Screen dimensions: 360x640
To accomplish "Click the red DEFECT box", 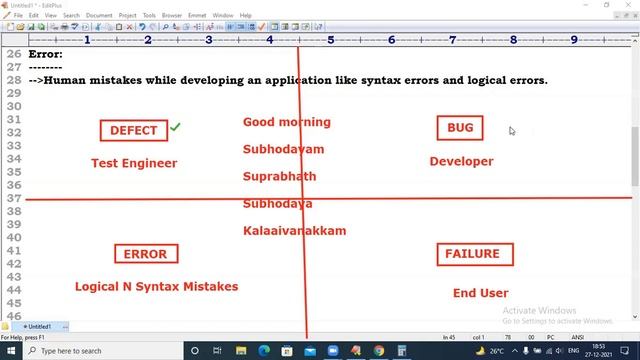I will (133, 131).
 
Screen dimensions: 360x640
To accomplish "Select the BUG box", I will (460, 128).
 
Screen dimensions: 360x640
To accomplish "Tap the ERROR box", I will (145, 254).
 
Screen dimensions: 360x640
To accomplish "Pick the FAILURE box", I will (475, 254).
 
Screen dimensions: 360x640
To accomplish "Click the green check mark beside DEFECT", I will (176, 127).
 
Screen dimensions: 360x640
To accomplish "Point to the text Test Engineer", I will (134, 163).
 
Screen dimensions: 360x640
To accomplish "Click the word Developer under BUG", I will (461, 161).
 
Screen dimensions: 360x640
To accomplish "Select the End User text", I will (480, 293).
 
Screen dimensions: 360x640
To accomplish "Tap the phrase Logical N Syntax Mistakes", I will (156, 286).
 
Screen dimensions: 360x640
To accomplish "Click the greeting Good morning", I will (286, 122).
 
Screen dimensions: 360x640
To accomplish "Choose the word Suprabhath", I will (279, 176).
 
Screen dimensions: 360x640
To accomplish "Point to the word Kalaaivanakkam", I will (294, 230).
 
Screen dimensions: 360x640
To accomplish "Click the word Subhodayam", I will (283, 149).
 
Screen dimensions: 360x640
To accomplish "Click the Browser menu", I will (171, 16).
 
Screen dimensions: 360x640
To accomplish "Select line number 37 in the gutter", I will (13, 198).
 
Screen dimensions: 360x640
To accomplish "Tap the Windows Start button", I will (10, 351).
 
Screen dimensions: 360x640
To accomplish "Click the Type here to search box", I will (100, 351).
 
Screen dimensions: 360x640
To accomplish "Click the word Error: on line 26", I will (45, 54).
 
